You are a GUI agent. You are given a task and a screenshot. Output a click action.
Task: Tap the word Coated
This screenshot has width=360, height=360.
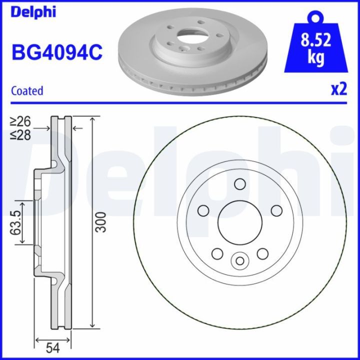click(27, 91)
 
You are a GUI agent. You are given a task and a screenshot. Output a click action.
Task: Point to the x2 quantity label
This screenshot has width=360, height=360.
click(338, 89)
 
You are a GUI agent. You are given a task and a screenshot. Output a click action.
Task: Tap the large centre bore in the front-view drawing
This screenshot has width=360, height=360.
click(239, 222)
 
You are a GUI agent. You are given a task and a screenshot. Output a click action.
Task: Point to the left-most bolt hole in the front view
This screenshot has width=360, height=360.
click(203, 210)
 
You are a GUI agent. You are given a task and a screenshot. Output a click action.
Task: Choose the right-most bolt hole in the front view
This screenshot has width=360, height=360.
click(275, 210)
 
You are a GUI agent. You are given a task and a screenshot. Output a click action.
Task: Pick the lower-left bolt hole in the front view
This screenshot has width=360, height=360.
click(217, 254)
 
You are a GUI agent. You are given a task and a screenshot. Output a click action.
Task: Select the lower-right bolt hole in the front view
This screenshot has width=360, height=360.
click(262, 254)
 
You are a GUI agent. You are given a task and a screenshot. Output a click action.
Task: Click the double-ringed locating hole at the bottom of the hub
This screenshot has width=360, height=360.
click(239, 260)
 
